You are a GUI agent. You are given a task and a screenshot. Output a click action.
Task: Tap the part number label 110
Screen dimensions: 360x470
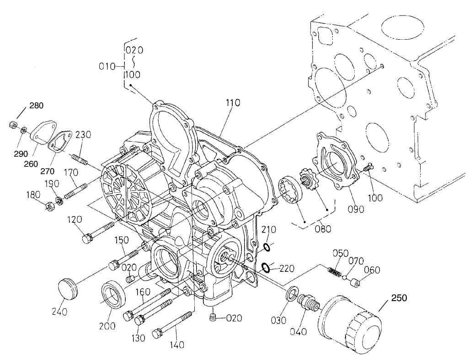[232, 104]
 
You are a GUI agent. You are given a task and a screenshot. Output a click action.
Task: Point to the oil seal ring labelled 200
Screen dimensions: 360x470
[112, 295]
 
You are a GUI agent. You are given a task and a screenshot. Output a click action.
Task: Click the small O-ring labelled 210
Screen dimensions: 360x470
[266, 248]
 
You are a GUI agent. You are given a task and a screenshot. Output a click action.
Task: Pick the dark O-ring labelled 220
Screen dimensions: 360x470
[264, 266]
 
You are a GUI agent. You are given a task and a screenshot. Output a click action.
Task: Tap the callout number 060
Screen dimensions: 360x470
[372, 270]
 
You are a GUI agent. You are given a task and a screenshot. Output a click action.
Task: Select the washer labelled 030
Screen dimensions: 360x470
[291, 295]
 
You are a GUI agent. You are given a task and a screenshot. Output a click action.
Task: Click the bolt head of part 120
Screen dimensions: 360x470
[87, 238]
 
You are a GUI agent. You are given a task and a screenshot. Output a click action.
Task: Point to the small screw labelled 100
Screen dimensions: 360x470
[367, 169]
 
